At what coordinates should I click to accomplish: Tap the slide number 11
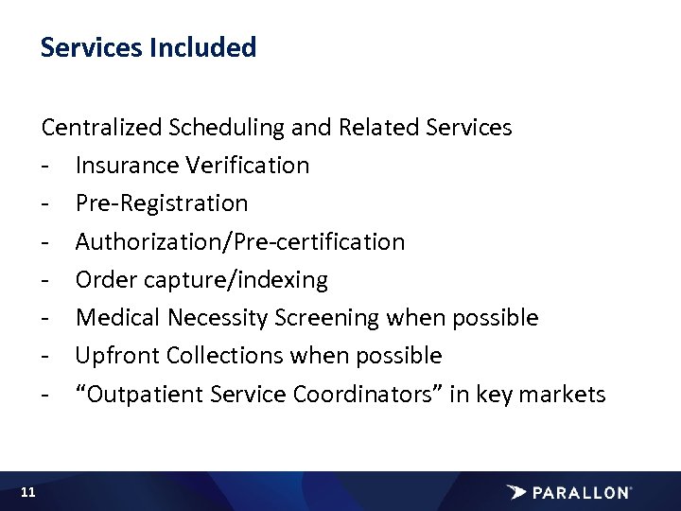pyautogui.click(x=27, y=492)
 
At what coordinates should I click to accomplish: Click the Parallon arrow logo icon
pyautogui.click(x=516, y=492)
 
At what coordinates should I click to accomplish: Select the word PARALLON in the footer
pyautogui.click(x=582, y=492)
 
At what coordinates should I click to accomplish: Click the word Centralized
pyautogui.click(x=101, y=128)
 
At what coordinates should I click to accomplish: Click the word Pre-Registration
pyautogui.click(x=162, y=203)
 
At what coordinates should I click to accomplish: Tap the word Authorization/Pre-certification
pyautogui.click(x=240, y=242)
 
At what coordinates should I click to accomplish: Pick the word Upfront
pyautogui.click(x=117, y=356)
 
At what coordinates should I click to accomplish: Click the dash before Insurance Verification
pyautogui.click(x=45, y=167)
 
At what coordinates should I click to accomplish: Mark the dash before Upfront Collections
pyautogui.click(x=45, y=357)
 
